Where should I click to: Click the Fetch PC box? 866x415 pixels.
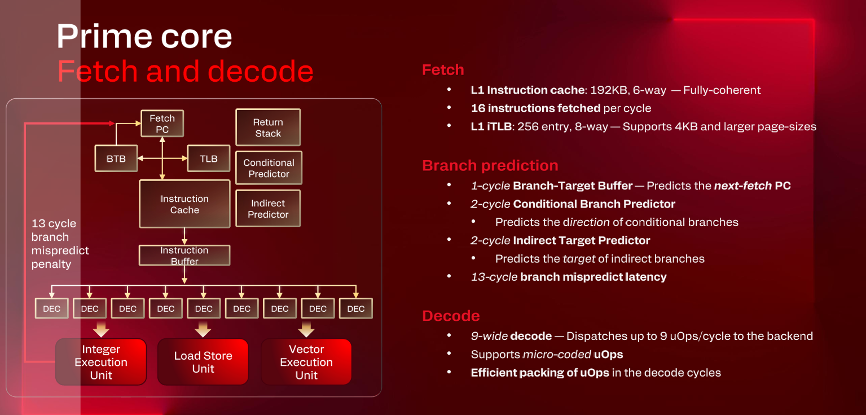(x=162, y=124)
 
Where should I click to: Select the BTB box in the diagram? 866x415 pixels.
(x=116, y=159)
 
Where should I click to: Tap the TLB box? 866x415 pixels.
(x=208, y=159)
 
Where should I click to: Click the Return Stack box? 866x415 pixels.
(x=268, y=128)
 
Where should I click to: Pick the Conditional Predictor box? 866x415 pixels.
(x=269, y=168)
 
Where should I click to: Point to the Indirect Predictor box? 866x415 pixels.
(x=268, y=209)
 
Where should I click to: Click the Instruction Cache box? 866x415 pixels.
(x=184, y=204)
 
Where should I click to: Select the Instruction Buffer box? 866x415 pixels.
(x=184, y=255)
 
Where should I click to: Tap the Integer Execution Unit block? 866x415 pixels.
(x=101, y=362)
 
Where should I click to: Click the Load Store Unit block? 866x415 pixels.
(x=203, y=362)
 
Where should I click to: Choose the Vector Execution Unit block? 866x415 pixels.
(x=306, y=362)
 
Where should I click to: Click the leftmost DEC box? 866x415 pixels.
(x=51, y=308)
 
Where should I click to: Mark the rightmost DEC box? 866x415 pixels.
(x=355, y=308)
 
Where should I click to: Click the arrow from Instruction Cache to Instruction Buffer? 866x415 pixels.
(x=184, y=236)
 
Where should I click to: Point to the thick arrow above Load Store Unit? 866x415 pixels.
(x=203, y=329)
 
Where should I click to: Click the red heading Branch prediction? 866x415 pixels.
(x=490, y=166)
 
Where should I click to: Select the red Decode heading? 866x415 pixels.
(x=451, y=316)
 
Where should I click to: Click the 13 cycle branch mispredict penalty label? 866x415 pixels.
(x=60, y=244)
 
